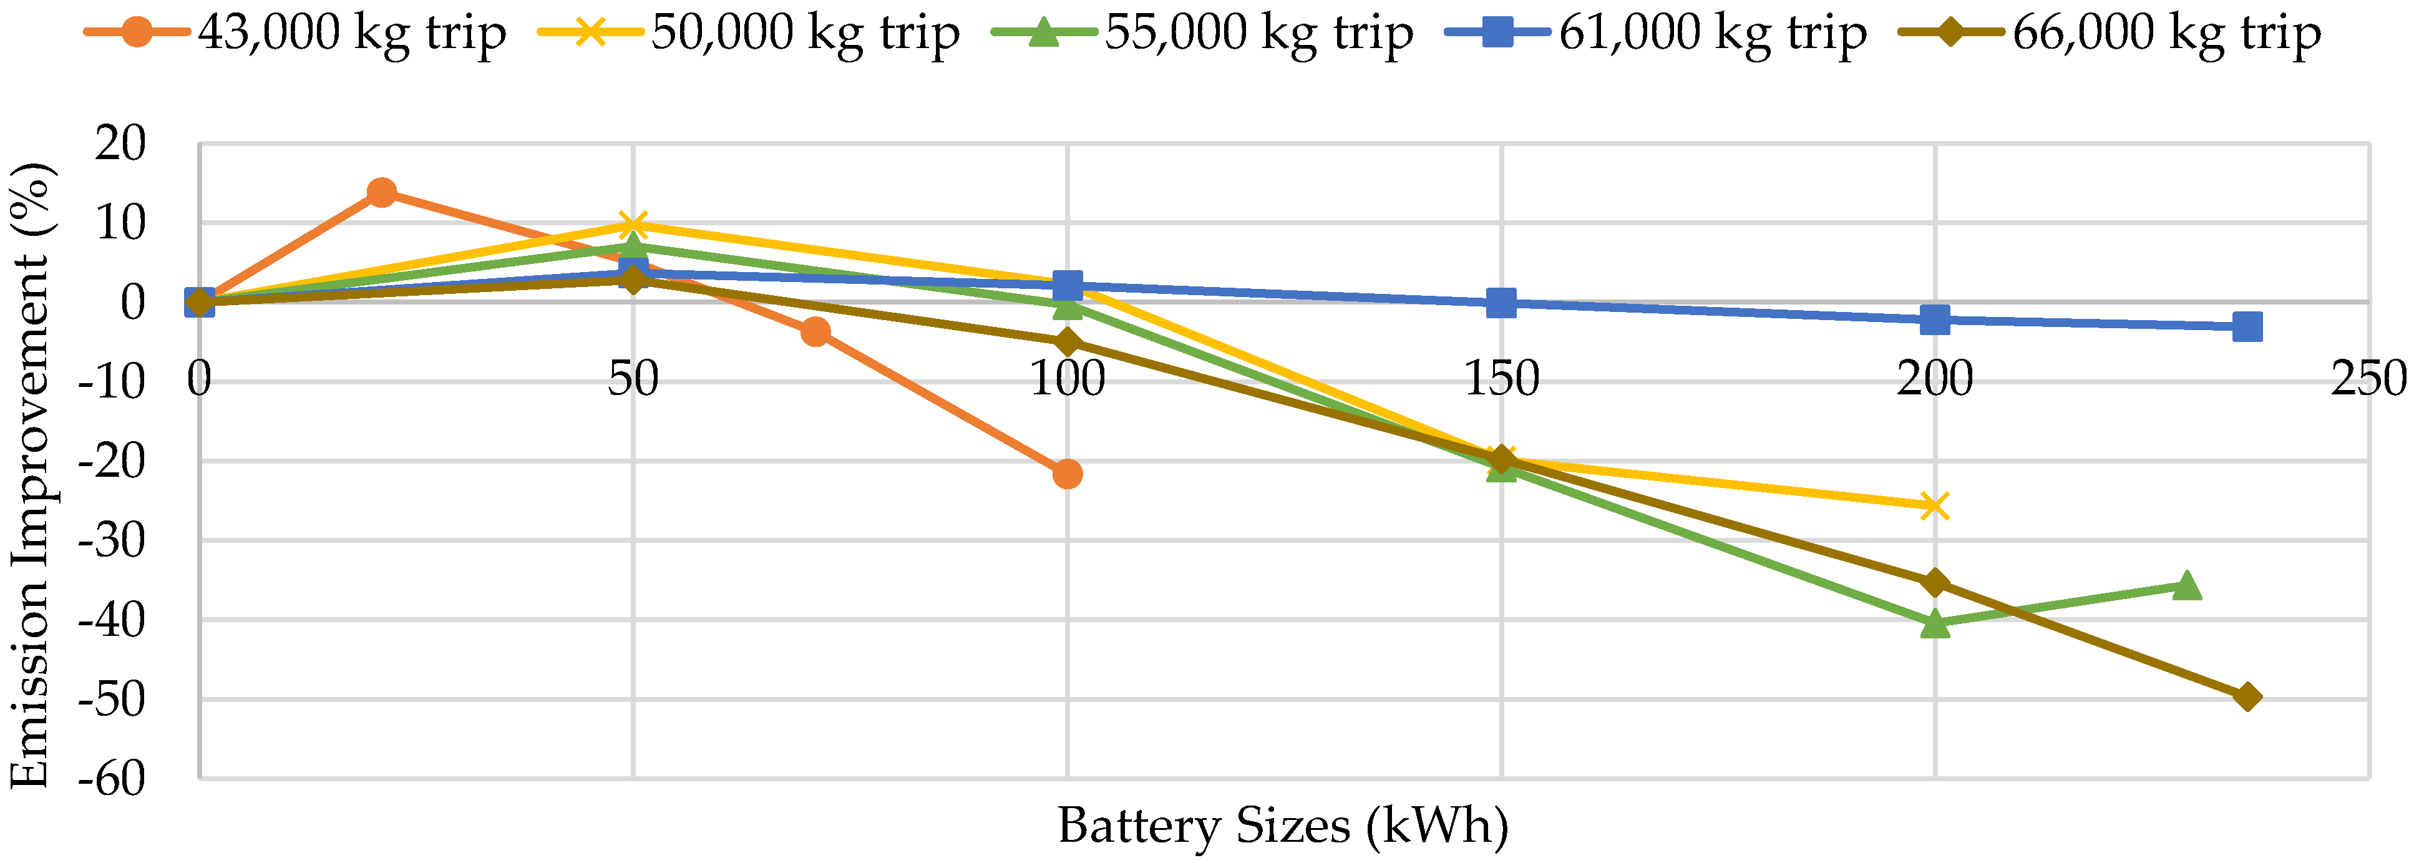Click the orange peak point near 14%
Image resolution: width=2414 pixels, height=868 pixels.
(x=381, y=193)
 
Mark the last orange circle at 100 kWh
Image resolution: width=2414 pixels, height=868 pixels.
(x=1068, y=474)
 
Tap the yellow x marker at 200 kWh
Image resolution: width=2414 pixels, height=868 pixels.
(x=1935, y=506)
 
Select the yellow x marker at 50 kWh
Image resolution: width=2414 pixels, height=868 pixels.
(x=633, y=225)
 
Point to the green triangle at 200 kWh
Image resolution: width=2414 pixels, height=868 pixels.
(x=1935, y=624)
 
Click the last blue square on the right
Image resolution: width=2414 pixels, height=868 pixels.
(x=2247, y=327)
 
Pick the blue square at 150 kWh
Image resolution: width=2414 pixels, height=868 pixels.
(x=1501, y=303)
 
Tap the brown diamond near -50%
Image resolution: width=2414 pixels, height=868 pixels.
(x=2247, y=696)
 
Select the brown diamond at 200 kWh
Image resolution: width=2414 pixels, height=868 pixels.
(x=1935, y=583)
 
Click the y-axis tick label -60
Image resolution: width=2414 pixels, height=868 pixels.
(x=112, y=778)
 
